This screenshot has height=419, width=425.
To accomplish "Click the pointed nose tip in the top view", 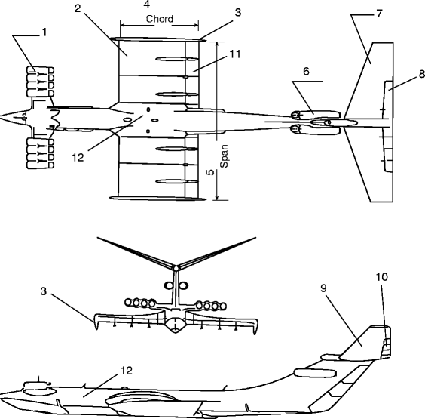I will coord(2,118).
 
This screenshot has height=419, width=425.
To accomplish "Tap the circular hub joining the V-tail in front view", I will coord(175,266).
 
